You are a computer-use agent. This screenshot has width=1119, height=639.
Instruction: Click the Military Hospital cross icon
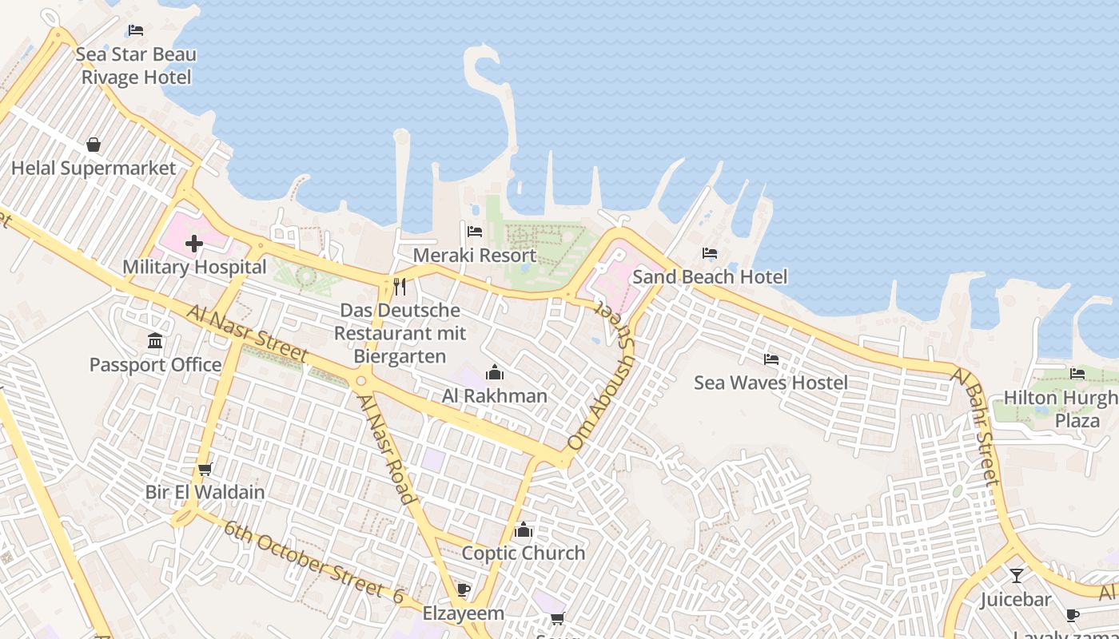click(193, 244)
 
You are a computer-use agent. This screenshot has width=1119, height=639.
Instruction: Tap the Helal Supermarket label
click(94, 169)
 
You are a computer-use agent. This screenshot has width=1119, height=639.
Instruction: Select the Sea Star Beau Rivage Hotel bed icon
click(136, 30)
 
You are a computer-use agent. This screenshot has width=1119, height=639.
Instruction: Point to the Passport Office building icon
click(155, 341)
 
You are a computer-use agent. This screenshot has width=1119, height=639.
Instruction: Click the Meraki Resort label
click(475, 256)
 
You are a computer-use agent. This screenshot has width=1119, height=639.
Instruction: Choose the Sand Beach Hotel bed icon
click(709, 253)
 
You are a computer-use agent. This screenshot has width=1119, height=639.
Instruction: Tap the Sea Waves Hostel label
click(771, 383)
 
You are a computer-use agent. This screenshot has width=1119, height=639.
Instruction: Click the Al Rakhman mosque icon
click(495, 372)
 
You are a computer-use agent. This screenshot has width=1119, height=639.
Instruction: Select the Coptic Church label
click(524, 553)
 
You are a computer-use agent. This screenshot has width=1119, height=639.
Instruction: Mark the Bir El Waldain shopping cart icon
click(205, 469)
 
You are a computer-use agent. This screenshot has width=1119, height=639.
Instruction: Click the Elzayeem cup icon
click(463, 590)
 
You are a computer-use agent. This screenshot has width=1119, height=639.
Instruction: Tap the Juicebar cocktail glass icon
click(1016, 575)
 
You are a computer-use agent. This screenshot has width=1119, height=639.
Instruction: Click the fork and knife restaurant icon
click(400, 286)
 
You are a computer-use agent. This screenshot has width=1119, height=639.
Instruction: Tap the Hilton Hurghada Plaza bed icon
click(1077, 373)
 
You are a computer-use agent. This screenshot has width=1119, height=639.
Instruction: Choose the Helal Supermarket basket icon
click(94, 145)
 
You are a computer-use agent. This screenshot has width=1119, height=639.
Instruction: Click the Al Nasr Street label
click(248, 333)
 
